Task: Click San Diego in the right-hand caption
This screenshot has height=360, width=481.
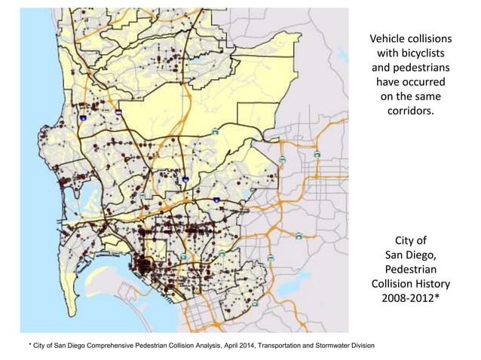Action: point(410,255)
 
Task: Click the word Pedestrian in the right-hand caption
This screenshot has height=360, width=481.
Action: point(410,269)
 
